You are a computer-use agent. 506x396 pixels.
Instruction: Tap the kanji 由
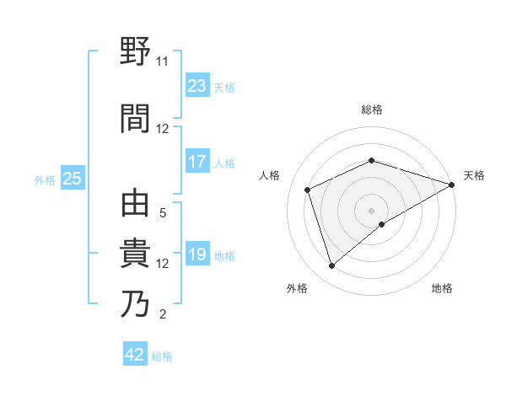[136, 206]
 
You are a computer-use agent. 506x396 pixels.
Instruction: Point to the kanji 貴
[136, 254]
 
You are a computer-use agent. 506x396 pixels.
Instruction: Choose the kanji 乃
[136, 304]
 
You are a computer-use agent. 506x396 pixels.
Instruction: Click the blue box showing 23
[196, 87]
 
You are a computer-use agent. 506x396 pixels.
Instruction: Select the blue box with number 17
[196, 162]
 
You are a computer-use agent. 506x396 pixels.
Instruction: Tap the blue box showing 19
[196, 255]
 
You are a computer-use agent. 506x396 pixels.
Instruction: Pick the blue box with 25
[72, 179]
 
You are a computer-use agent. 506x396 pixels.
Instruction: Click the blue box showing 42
[135, 355]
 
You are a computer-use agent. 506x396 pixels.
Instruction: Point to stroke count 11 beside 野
[162, 62]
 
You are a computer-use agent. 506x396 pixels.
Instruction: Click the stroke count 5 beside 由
[163, 213]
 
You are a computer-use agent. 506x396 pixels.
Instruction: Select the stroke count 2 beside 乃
[163, 314]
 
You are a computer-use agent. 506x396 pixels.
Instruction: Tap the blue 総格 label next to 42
[163, 356]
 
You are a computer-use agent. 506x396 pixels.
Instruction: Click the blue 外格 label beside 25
[45, 179]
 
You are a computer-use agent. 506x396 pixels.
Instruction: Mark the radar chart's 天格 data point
[452, 185]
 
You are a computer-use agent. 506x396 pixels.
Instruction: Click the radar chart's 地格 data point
[382, 224]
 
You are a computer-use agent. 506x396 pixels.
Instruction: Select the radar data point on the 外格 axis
[331, 266]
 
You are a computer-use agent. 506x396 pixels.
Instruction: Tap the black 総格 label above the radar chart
[371, 110]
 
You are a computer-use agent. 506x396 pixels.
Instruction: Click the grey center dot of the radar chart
[371, 210]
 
